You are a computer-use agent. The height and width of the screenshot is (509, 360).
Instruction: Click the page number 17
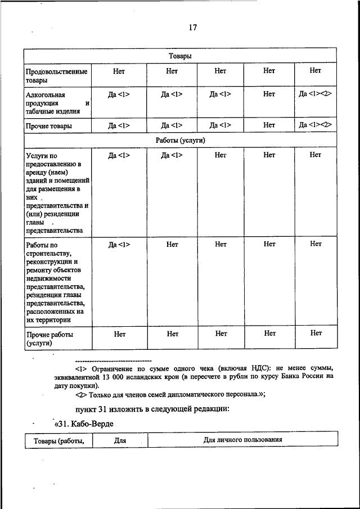tap(192, 28)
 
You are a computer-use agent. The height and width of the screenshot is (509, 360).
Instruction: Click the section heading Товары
tap(180, 56)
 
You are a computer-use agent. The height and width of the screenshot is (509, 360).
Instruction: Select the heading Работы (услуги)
tap(180, 139)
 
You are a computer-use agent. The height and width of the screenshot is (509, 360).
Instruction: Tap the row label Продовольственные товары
tap(56, 76)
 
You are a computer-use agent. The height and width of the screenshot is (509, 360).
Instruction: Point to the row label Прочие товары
tap(49, 126)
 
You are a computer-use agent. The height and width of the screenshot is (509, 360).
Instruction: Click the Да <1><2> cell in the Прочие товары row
tap(315, 125)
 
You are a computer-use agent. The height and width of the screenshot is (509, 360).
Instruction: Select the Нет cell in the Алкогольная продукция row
tap(269, 94)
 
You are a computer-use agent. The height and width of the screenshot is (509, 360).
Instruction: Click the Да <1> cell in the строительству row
tap(119, 244)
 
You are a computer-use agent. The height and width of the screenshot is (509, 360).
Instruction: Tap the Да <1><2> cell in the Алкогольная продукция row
tap(315, 93)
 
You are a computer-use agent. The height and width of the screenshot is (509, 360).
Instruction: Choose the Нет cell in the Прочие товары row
tap(269, 125)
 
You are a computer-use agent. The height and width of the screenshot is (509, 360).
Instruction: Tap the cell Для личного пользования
tap(242, 439)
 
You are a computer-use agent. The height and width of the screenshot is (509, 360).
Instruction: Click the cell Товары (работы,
tap(58, 441)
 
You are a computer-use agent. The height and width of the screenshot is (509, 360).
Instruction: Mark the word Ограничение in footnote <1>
tap(110, 367)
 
